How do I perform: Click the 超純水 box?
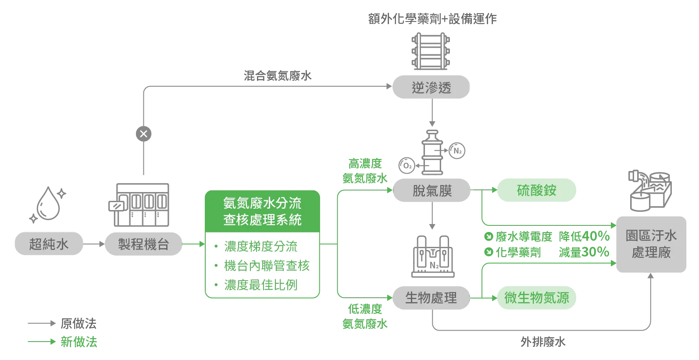(x=49, y=244)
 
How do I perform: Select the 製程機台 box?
(x=143, y=244)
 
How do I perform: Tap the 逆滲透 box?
(x=431, y=88)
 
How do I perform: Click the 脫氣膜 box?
(x=432, y=191)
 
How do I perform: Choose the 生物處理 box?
(x=431, y=298)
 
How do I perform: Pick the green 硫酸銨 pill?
(x=536, y=190)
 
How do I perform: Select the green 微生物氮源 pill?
(x=536, y=298)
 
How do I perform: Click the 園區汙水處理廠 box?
(x=651, y=244)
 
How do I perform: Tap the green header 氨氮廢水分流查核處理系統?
(x=262, y=211)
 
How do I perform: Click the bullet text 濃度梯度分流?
(x=260, y=246)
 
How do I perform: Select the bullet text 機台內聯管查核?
(x=267, y=266)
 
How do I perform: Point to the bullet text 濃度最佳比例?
(x=260, y=285)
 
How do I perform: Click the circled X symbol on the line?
(x=143, y=134)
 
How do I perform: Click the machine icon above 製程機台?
(x=139, y=205)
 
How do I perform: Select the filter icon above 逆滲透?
(x=431, y=51)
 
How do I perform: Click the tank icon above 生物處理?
(x=433, y=258)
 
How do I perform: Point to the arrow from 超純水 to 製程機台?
(x=93, y=244)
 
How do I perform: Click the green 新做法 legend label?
(x=79, y=342)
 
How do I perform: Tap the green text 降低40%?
(x=584, y=237)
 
